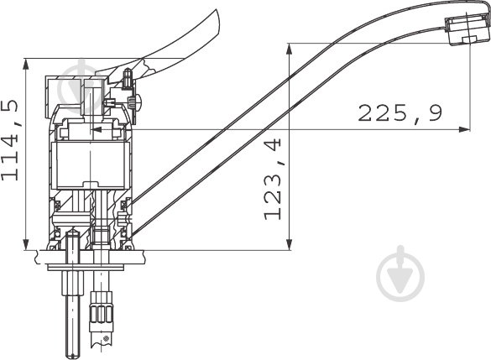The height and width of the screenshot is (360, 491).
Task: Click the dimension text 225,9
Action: [x=400, y=113]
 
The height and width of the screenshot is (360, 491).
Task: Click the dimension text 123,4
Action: [x=273, y=180]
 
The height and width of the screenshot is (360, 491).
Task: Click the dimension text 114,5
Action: [x=11, y=140]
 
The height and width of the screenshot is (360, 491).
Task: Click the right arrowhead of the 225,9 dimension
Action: [x=464, y=129]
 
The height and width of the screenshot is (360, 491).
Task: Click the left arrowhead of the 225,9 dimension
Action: [x=97, y=129]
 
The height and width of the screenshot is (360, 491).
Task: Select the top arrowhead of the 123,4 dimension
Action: [x=290, y=50]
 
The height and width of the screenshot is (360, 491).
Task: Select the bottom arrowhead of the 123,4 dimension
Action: [x=290, y=244]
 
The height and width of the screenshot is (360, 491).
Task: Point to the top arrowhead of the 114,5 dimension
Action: [x=26, y=64]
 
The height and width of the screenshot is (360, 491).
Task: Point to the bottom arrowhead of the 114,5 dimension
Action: [x=26, y=244]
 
